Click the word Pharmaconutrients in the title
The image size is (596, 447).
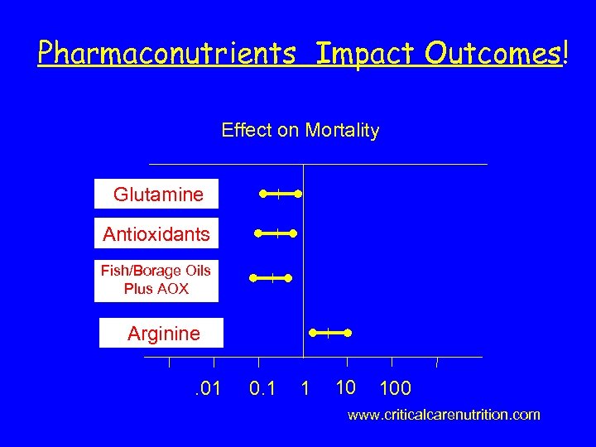pos(166,54)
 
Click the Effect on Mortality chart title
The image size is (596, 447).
pos(300,130)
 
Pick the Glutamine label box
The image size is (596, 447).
pos(157,195)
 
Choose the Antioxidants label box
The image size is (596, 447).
pos(156,234)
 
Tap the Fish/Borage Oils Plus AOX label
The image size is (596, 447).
pos(156,280)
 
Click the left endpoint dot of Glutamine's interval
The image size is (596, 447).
pos(262,195)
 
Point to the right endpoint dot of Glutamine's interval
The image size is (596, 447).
pos(299,195)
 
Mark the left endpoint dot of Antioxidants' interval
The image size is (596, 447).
pos(258,234)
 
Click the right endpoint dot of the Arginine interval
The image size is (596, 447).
pos(348,333)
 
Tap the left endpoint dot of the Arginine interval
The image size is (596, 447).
pos(312,333)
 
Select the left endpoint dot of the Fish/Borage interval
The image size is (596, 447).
pos(253,279)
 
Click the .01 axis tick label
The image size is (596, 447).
pos(206,387)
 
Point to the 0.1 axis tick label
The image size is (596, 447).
pos(262,387)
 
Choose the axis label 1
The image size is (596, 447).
pos(305,387)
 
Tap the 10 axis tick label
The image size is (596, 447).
pos(346,386)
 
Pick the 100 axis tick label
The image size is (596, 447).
pos(395,387)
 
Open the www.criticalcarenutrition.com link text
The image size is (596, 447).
pos(444,414)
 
